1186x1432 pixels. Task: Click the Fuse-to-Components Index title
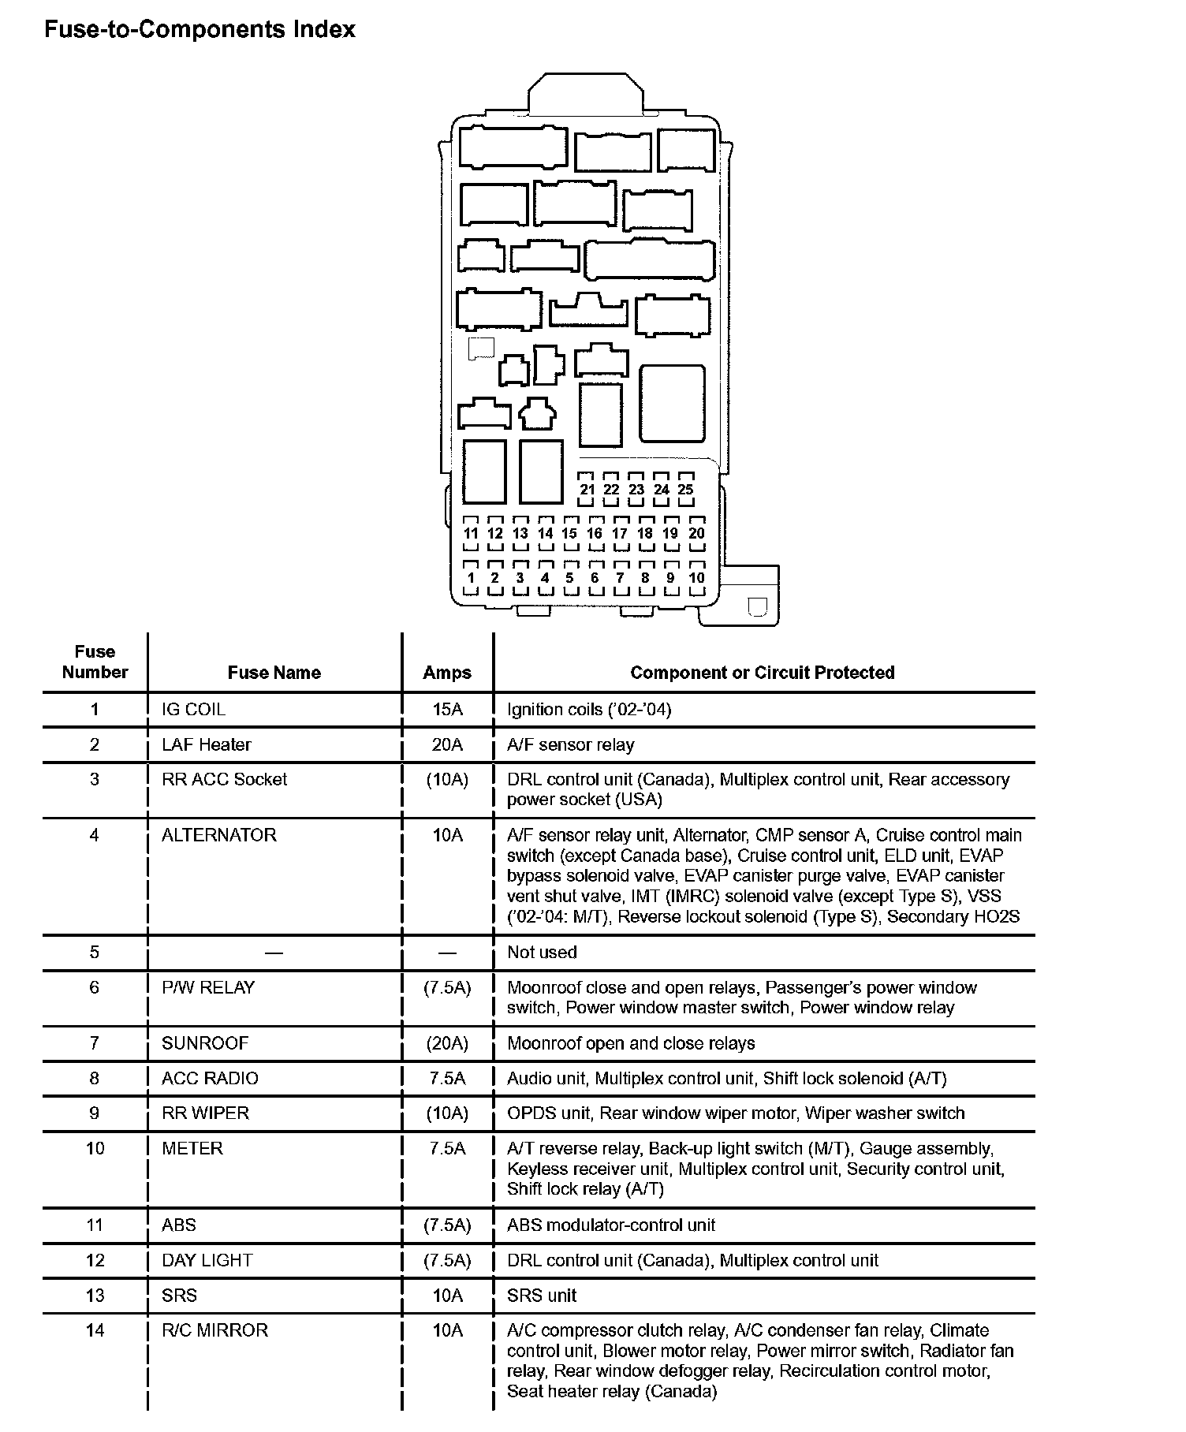pyautogui.click(x=200, y=30)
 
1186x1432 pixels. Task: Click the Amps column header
pyautogui.click(x=447, y=673)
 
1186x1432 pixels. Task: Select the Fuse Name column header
pyautogui.click(x=274, y=673)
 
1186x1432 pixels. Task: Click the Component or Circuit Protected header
pyautogui.click(x=763, y=673)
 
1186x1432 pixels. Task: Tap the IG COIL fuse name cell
pyautogui.click(x=193, y=710)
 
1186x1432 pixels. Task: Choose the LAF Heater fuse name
pyautogui.click(x=206, y=744)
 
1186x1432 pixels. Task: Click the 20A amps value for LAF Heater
pyautogui.click(x=447, y=744)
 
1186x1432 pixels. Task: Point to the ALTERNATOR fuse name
pyautogui.click(x=219, y=835)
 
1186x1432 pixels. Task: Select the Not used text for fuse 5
pyautogui.click(x=542, y=952)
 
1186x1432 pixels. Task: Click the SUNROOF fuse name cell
pyautogui.click(x=205, y=1043)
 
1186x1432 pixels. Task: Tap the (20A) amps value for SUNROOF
pyautogui.click(x=447, y=1043)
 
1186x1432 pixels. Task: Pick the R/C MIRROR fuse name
pyautogui.click(x=214, y=1330)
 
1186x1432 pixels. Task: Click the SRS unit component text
pyautogui.click(x=542, y=1295)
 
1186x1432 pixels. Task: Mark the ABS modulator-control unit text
pyautogui.click(x=611, y=1225)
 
